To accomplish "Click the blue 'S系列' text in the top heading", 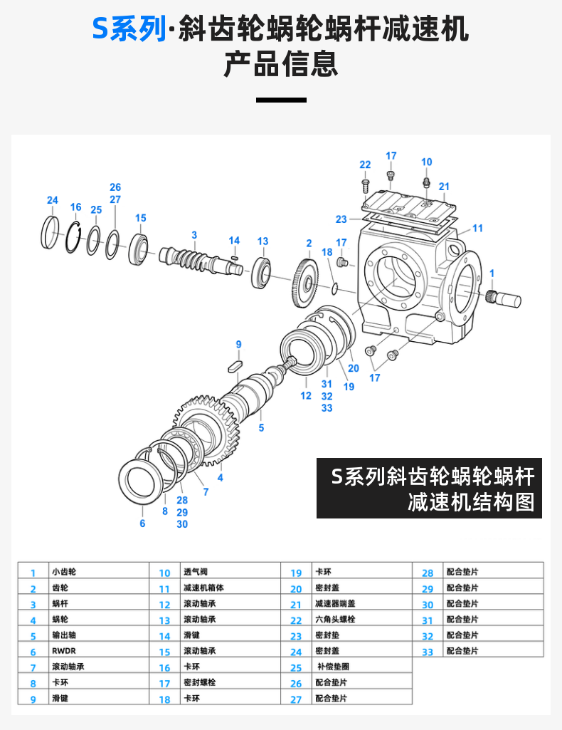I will pos(128,30).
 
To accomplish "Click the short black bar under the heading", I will pos(280,100).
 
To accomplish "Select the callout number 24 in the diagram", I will pos(52,200).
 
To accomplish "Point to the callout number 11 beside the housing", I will pos(477,228).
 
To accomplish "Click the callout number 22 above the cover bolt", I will pos(365,165).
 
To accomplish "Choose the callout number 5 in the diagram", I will pos(261,428).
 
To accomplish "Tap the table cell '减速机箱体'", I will pos(203,588).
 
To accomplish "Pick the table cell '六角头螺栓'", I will pos(335,620).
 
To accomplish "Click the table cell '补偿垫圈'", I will pos(332,667).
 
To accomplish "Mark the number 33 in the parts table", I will pos(427,652).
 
